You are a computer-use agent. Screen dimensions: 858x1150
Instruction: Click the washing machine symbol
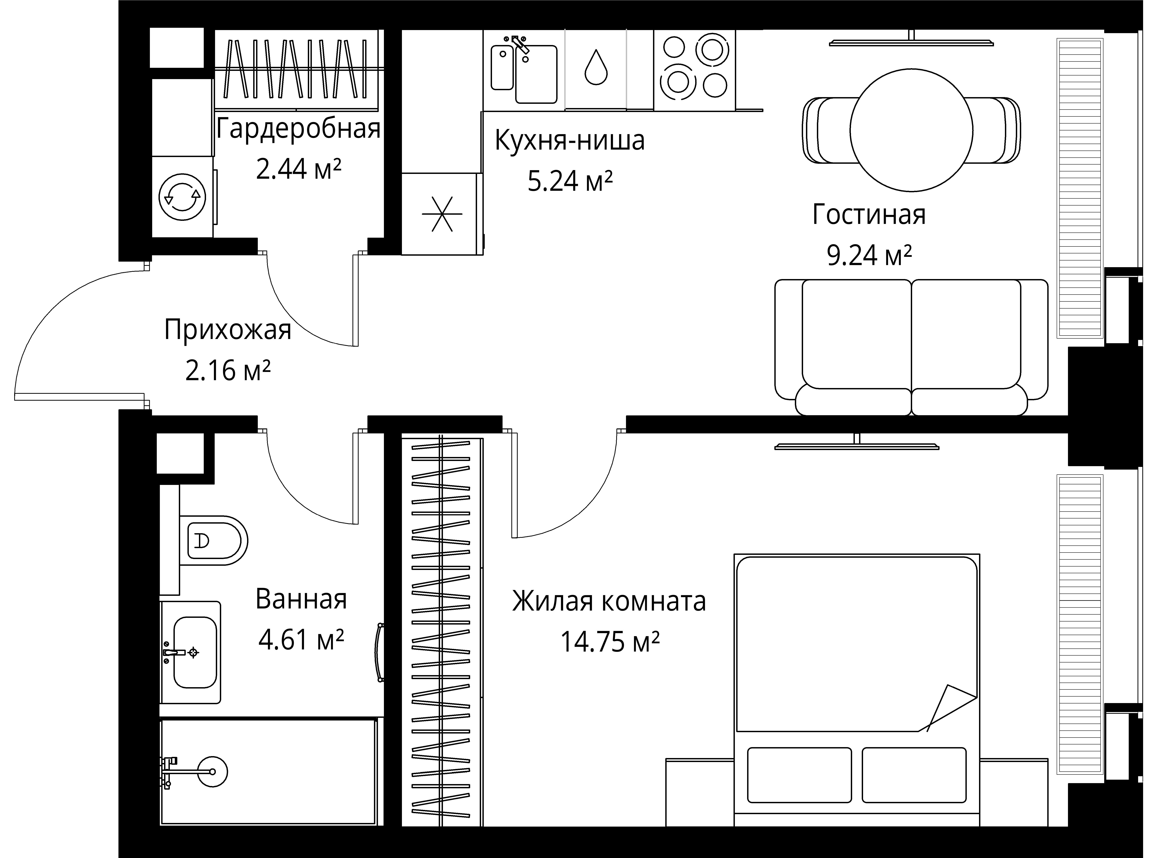pyautogui.click(x=182, y=197)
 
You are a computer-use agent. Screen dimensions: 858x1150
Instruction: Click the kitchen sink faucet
pyautogui.click(x=520, y=45)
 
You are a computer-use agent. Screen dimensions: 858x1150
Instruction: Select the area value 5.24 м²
pyautogui.click(x=570, y=181)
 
